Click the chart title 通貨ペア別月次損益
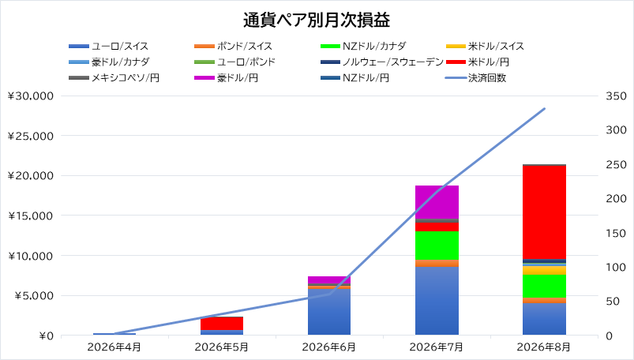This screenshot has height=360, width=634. (317, 21)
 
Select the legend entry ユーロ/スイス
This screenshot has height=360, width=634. (108, 46)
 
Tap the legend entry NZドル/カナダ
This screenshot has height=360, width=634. (363, 46)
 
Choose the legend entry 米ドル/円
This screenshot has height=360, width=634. (478, 62)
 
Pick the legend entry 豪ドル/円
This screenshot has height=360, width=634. (226, 77)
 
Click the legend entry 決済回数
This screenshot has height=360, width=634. (476, 77)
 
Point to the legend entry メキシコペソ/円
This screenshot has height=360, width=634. (114, 77)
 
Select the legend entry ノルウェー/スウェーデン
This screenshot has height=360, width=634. (381, 62)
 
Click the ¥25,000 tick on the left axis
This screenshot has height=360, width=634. (30, 136)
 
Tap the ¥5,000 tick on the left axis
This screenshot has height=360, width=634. (34, 296)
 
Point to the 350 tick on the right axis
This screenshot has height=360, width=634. (616, 96)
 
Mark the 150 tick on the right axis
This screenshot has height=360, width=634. (616, 234)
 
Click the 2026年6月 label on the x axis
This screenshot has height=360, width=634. (329, 347)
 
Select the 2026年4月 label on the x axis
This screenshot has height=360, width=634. (114, 347)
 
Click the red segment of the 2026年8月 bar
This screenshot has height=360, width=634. (544, 212)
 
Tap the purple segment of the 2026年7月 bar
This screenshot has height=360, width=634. (437, 202)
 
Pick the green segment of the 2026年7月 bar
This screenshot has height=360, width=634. (437, 246)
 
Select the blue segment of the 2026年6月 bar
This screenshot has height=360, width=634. (329, 312)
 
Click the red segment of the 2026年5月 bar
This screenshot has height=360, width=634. (222, 324)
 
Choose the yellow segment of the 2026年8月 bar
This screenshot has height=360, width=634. (544, 271)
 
